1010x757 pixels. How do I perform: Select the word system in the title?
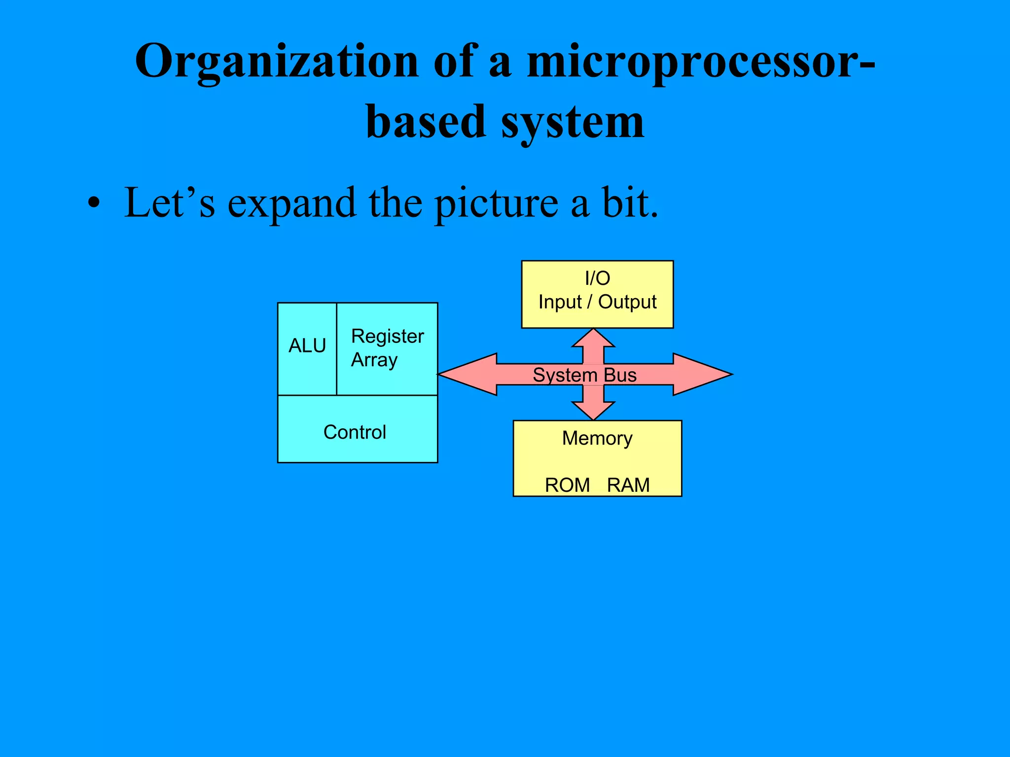click(x=572, y=122)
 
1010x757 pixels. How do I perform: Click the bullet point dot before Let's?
click(x=94, y=204)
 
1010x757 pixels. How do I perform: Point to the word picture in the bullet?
click(x=496, y=204)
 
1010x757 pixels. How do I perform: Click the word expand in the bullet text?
click(x=291, y=204)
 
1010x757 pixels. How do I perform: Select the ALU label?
click(x=307, y=346)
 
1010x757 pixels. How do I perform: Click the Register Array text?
click(x=387, y=348)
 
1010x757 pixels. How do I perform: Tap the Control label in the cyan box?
click(x=355, y=432)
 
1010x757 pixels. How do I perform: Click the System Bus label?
click(x=584, y=375)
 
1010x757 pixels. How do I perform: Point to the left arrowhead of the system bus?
click(x=464, y=375)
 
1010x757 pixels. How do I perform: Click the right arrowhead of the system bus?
click(x=705, y=375)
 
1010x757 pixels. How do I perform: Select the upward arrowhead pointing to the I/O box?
click(x=594, y=339)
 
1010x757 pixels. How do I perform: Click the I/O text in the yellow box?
click(x=597, y=278)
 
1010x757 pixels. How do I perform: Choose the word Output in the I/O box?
click(x=627, y=302)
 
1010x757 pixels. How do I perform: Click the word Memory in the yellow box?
click(x=597, y=438)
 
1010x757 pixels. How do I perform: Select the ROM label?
click(x=567, y=485)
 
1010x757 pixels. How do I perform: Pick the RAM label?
click(x=628, y=485)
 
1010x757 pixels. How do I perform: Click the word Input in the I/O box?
click(x=560, y=302)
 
